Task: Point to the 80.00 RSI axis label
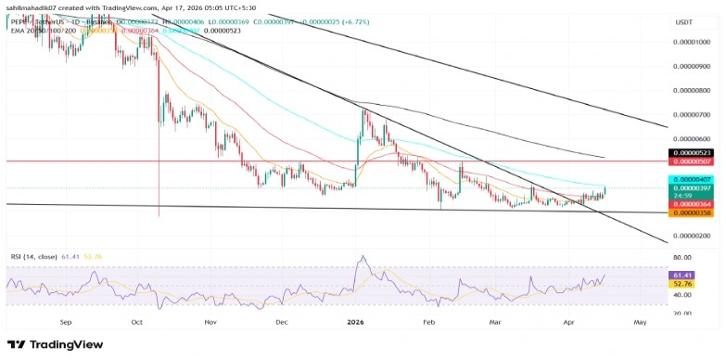pos(685,257)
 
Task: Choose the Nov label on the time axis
pos(210,322)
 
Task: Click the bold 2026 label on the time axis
pos(355,322)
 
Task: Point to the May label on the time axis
pos(639,322)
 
